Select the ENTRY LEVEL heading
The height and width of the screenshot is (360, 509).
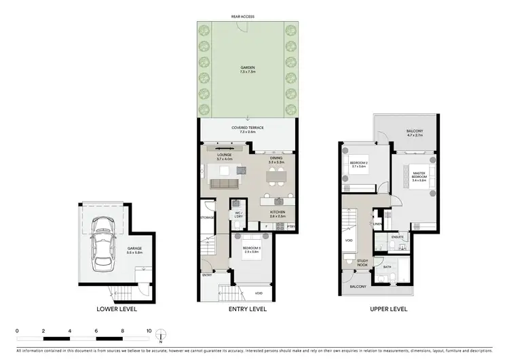[247, 308]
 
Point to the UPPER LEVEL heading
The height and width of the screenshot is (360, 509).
[388, 308]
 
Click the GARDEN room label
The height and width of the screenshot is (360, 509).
[247, 69]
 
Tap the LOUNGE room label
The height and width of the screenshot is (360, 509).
[224, 155]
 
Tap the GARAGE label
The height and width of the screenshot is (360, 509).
[134, 249]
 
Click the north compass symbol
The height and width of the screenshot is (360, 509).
[161, 334]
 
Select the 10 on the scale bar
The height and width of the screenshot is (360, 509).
[149, 331]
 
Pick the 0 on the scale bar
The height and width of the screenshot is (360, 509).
[17, 331]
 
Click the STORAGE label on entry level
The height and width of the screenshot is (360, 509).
[207, 217]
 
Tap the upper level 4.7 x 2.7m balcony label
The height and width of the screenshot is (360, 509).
[415, 132]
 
